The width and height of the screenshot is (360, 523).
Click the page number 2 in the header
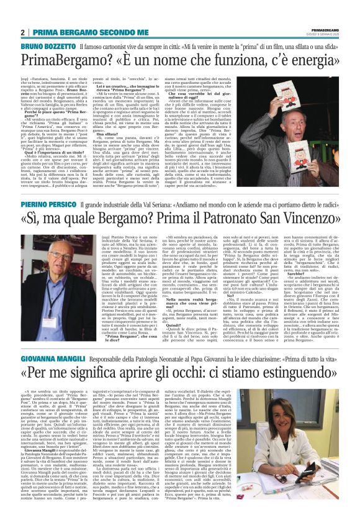point(23,32)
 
